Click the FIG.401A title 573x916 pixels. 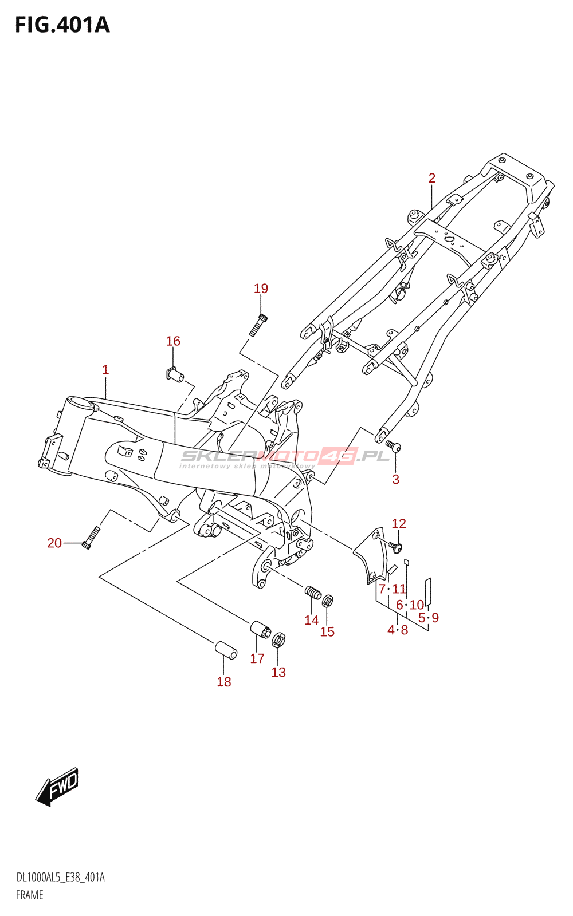click(x=62, y=25)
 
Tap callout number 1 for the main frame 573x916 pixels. click(x=105, y=370)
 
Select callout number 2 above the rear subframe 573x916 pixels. click(x=432, y=178)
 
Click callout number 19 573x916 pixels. click(x=261, y=289)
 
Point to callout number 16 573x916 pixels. click(x=173, y=341)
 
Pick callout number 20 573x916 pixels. click(x=54, y=543)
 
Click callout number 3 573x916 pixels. click(x=395, y=479)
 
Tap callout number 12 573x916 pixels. click(x=399, y=523)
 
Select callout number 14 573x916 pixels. click(x=311, y=620)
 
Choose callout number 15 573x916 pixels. click(x=327, y=631)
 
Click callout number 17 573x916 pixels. click(x=257, y=658)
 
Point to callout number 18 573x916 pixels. click(x=224, y=682)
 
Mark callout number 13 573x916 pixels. click(x=278, y=672)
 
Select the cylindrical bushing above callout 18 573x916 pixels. click(x=226, y=650)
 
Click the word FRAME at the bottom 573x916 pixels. click(x=30, y=895)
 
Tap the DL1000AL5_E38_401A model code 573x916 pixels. click(x=61, y=878)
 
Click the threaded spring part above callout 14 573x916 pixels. click(x=313, y=593)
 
